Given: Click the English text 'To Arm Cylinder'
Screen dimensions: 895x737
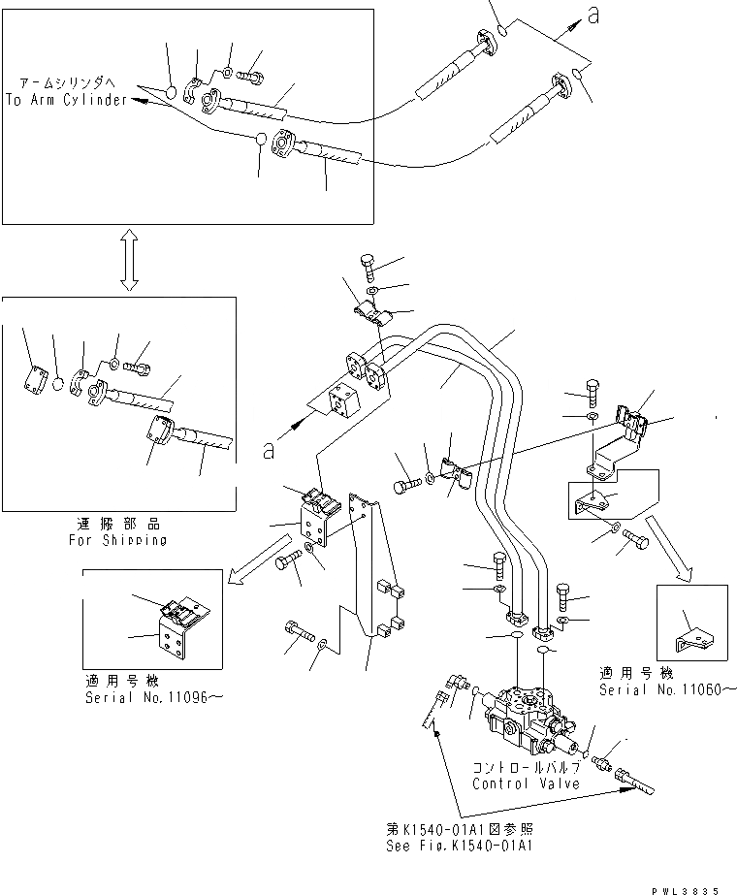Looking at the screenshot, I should (66, 101).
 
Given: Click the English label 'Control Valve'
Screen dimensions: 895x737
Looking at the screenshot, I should (527, 783).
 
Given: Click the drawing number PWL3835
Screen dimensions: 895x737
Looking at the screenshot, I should (698, 886).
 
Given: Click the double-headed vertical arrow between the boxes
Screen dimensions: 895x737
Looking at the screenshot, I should (128, 260).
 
